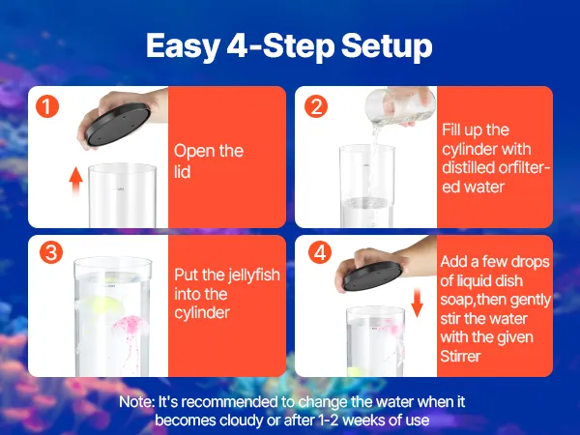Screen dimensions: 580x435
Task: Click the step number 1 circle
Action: pos(47,106)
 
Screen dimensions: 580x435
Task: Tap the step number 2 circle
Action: pos(316,106)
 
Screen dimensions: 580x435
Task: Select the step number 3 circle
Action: pos(51,252)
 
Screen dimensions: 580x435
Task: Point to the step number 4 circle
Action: pos(320,252)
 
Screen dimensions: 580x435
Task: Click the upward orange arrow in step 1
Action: pos(75,182)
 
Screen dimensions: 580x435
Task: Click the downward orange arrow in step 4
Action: pos(418,303)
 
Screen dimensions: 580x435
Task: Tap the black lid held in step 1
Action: pos(118,125)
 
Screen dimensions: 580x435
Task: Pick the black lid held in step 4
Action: pos(372,275)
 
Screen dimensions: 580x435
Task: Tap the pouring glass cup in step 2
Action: pos(398,105)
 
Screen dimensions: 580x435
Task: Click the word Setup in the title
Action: pos(387,45)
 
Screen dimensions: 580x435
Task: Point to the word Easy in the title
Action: pos(182,45)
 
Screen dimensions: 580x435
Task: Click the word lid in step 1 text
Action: pos(183,172)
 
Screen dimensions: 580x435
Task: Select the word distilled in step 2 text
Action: pos(467,167)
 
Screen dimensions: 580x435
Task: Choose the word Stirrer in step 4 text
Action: pos(460,356)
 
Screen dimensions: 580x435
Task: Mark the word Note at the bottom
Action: pos(136,402)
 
